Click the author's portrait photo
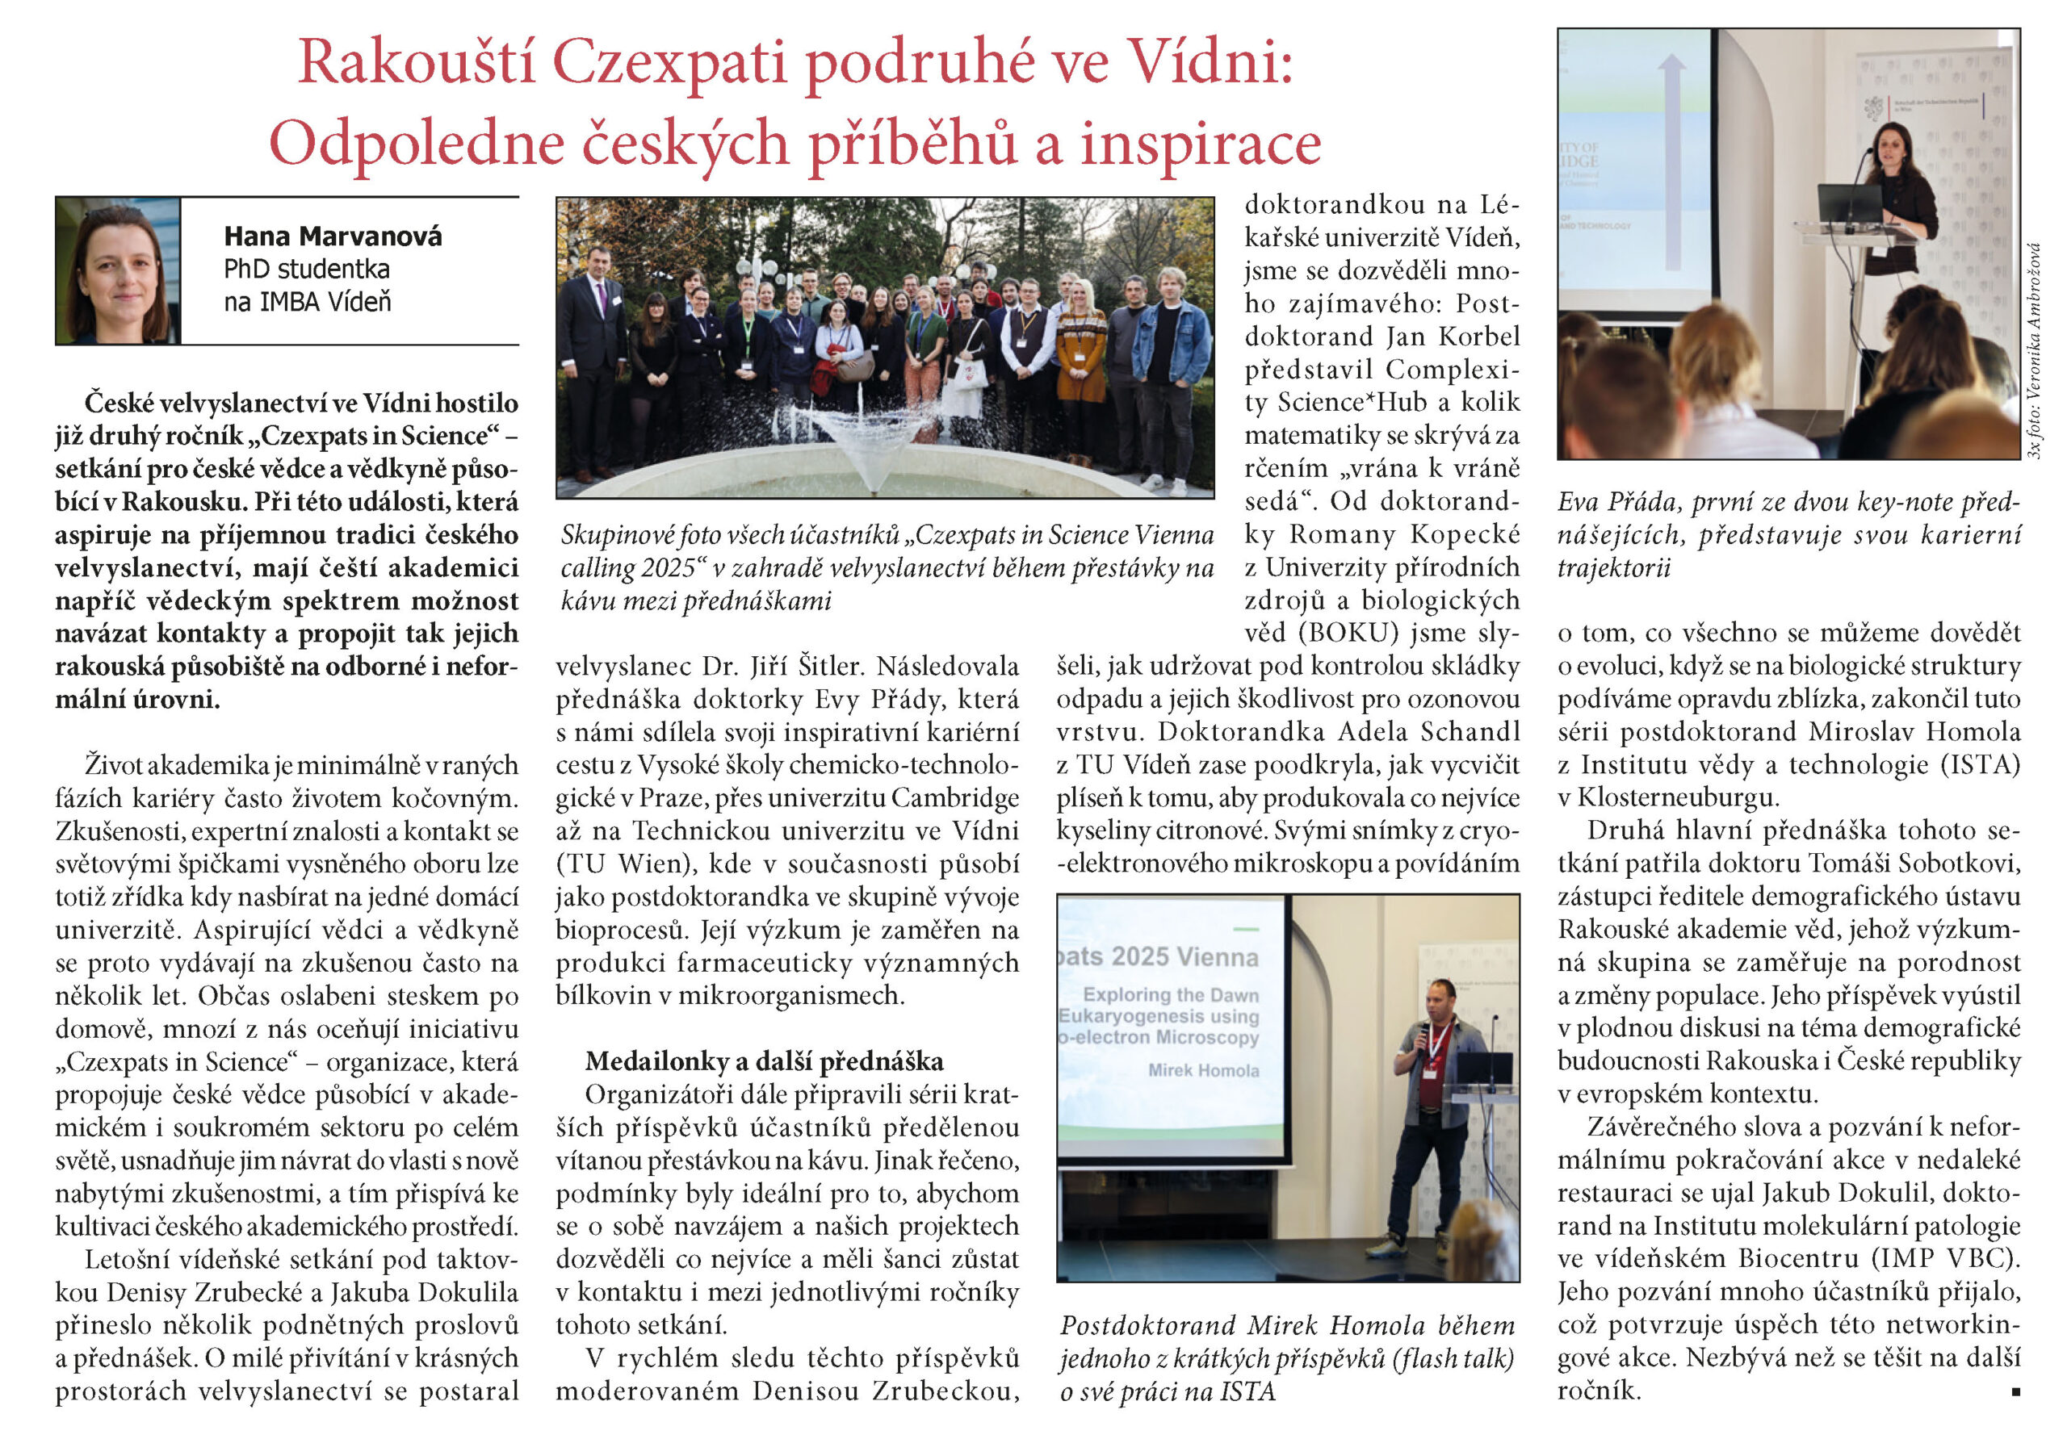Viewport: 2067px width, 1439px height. tap(118, 271)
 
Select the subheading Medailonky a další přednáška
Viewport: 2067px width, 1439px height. tap(764, 1062)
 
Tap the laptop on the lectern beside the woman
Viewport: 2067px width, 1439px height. tap(1849, 206)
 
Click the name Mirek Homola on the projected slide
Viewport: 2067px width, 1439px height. tap(1203, 1070)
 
